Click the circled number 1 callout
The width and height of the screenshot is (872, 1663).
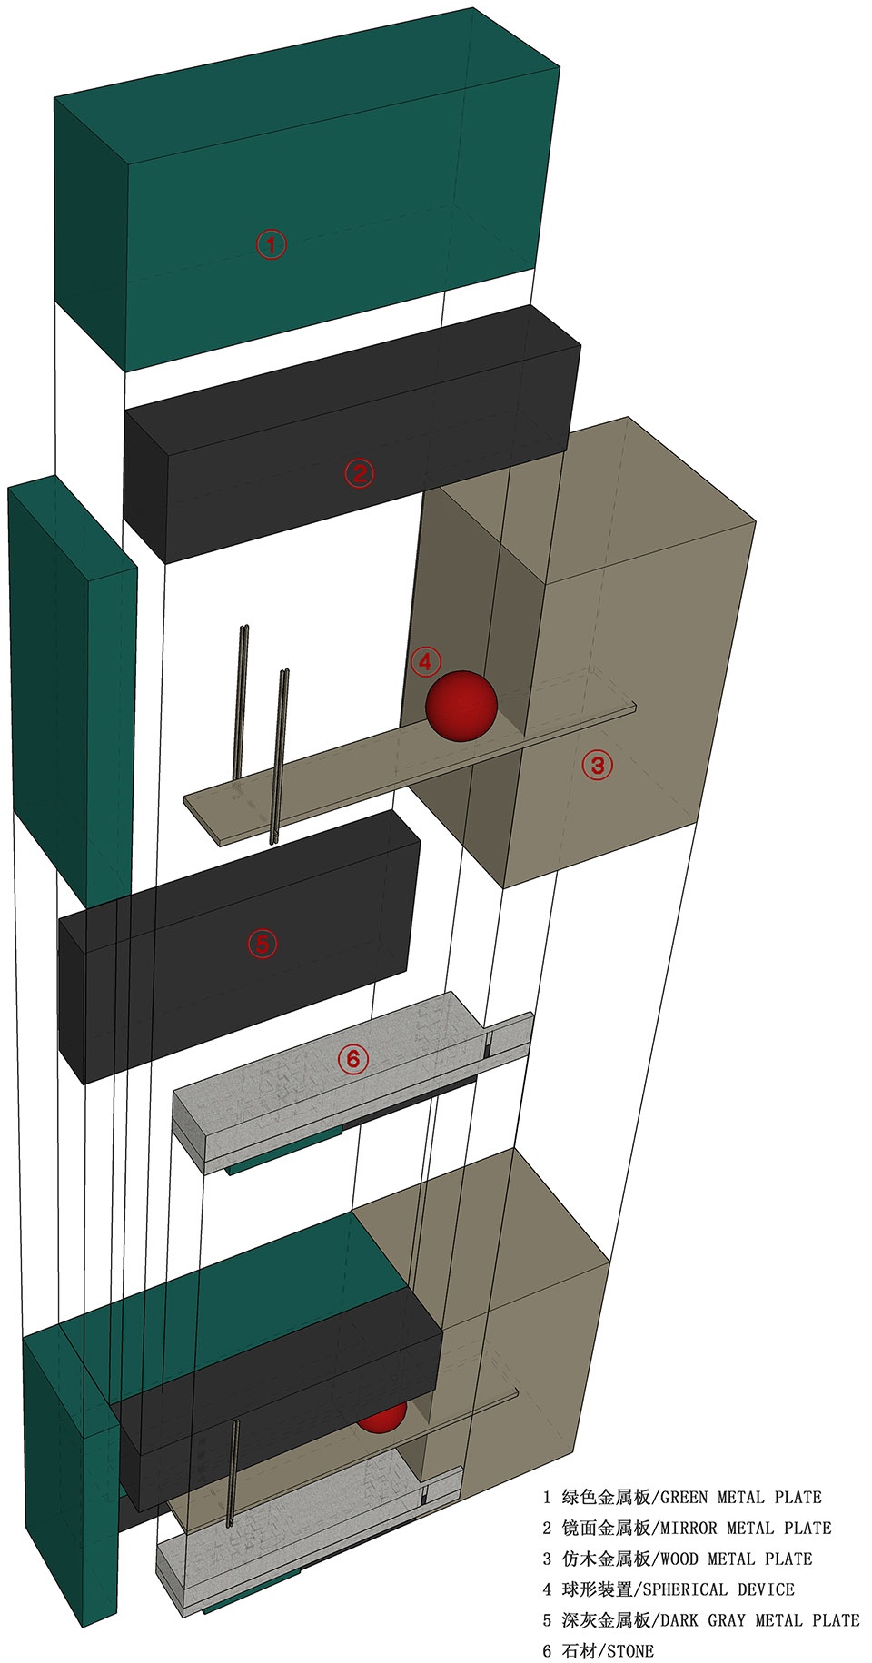271,244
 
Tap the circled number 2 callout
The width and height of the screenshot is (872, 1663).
359,472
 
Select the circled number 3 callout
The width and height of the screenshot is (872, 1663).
598,765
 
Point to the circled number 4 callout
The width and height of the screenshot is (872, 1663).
425,661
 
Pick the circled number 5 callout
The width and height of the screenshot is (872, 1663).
263,944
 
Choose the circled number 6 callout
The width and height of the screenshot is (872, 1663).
353,1058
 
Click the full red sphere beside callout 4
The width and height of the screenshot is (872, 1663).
461,707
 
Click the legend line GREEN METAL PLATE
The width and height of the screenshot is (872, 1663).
682,1497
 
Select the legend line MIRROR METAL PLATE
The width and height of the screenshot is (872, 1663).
687,1528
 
